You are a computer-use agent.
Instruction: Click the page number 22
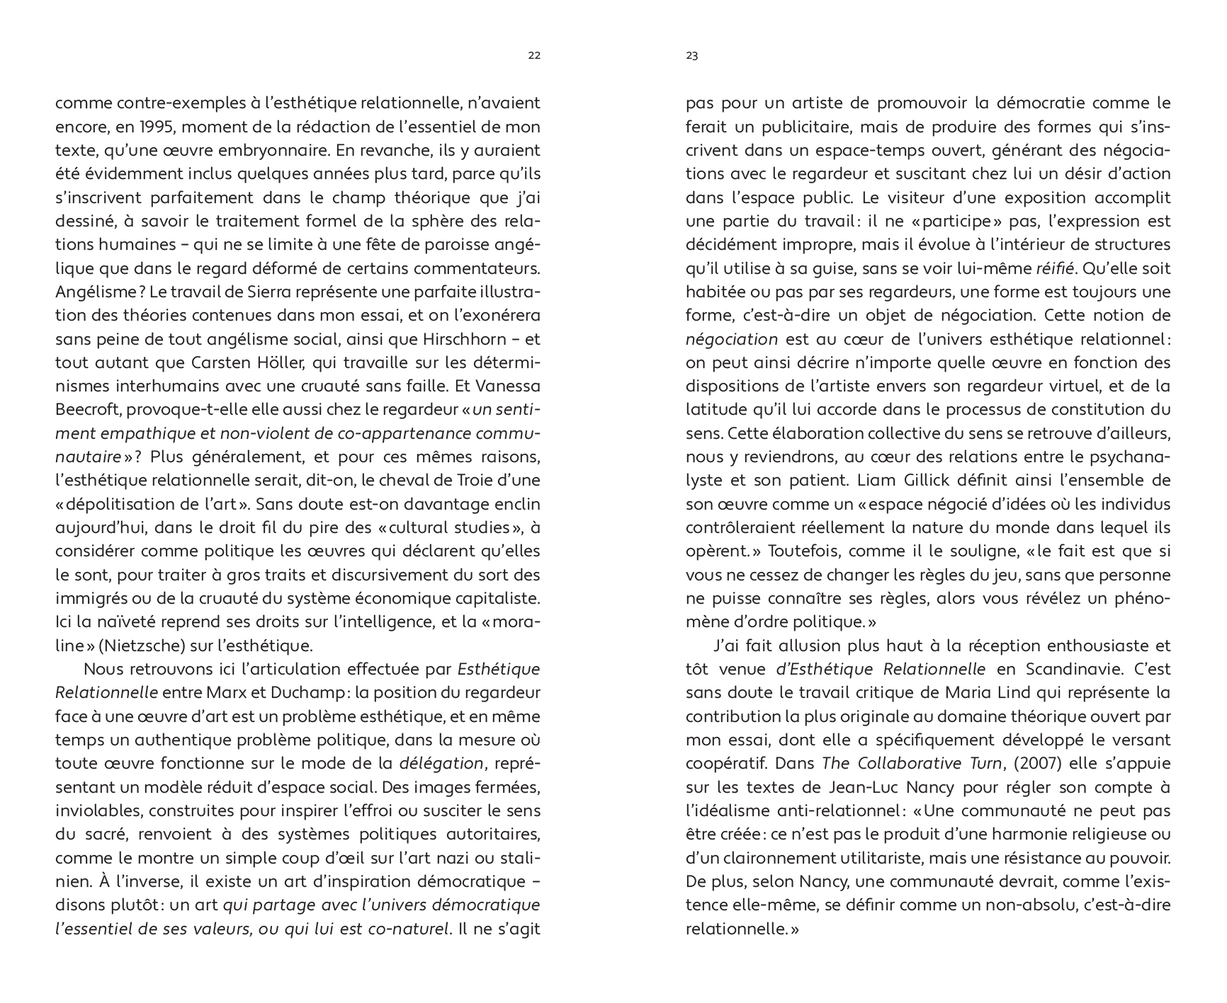(x=534, y=56)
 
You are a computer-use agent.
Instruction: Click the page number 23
(x=692, y=56)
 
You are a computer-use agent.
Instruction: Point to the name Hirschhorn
(x=461, y=339)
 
